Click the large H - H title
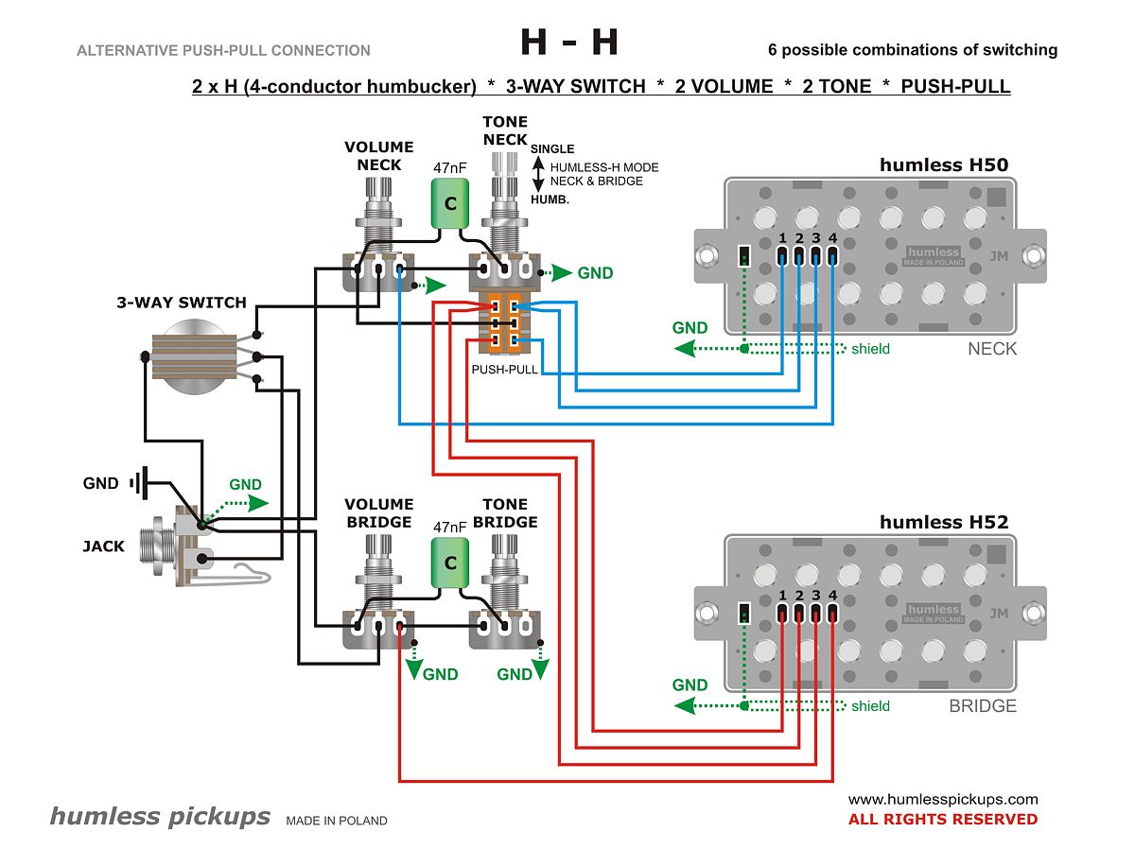coord(569,43)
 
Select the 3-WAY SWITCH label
coord(181,303)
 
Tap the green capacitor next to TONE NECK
coord(450,204)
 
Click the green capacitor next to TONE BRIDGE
coord(450,563)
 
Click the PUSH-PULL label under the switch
coord(504,370)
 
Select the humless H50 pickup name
coord(943,165)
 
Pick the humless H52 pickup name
coord(943,522)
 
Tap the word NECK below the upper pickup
coord(991,349)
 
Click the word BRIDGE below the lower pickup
coord(982,706)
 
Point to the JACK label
coord(103,546)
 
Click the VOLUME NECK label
coord(378,156)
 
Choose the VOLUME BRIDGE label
coord(378,513)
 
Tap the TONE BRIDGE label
coord(504,513)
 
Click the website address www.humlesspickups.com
coord(942,799)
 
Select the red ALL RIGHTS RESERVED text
coord(942,820)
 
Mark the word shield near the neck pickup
coord(870,349)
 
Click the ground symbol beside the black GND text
coord(140,483)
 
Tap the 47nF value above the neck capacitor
coord(450,168)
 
